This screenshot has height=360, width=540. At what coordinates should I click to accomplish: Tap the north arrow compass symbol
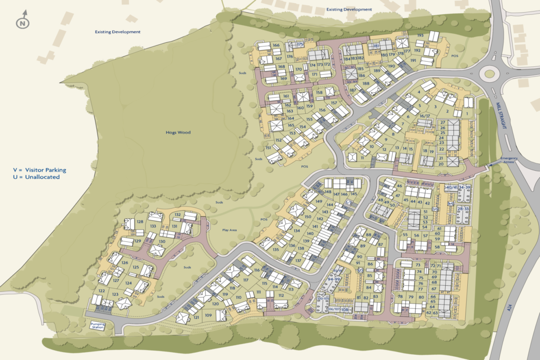pos(22,23)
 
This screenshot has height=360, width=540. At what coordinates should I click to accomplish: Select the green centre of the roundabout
pos(490,74)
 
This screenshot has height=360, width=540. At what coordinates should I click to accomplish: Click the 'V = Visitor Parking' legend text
pos(40,170)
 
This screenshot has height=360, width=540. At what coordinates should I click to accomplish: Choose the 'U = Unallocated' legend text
pos(36,177)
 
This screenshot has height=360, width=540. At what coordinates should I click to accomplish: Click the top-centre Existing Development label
pos(349,9)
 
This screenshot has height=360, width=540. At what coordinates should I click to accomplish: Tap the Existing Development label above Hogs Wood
pos(118,32)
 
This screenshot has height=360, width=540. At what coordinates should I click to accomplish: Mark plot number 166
pos(276,45)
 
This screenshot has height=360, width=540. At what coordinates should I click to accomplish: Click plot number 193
pos(420,35)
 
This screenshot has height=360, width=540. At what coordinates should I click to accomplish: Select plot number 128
pos(140,222)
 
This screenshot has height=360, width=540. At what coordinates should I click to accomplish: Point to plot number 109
pos(208,315)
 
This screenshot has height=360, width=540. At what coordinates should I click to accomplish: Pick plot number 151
pos(268,148)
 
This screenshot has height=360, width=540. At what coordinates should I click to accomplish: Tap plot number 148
pos(328,191)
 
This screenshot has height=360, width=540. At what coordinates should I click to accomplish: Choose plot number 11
pos(363,158)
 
